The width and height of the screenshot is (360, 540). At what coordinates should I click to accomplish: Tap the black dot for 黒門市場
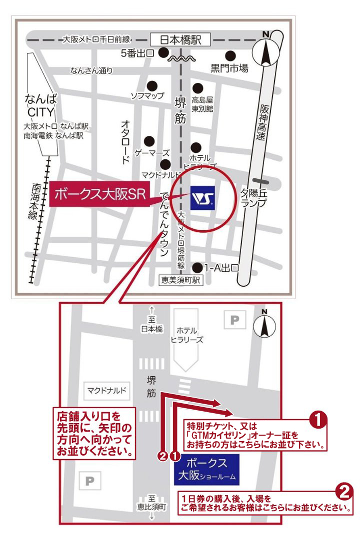click(x=230, y=55)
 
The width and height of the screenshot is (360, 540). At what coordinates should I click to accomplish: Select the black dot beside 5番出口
click(x=163, y=52)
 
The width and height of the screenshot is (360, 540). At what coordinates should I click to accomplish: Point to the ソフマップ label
click(x=147, y=95)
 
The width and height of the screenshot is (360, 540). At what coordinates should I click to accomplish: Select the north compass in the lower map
click(x=264, y=326)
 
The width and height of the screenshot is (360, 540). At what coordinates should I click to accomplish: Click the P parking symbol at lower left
click(x=90, y=481)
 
